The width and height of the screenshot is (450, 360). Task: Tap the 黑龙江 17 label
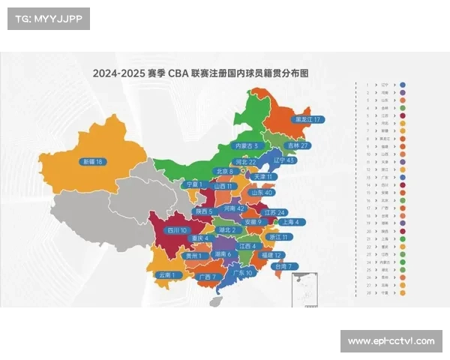tap(308, 119)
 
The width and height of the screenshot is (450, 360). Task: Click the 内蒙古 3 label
tap(247, 145)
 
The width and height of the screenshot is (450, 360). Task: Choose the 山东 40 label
tap(262, 193)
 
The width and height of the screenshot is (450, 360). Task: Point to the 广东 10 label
tap(244, 273)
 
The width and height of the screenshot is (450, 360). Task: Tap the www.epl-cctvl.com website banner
tap(391, 342)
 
